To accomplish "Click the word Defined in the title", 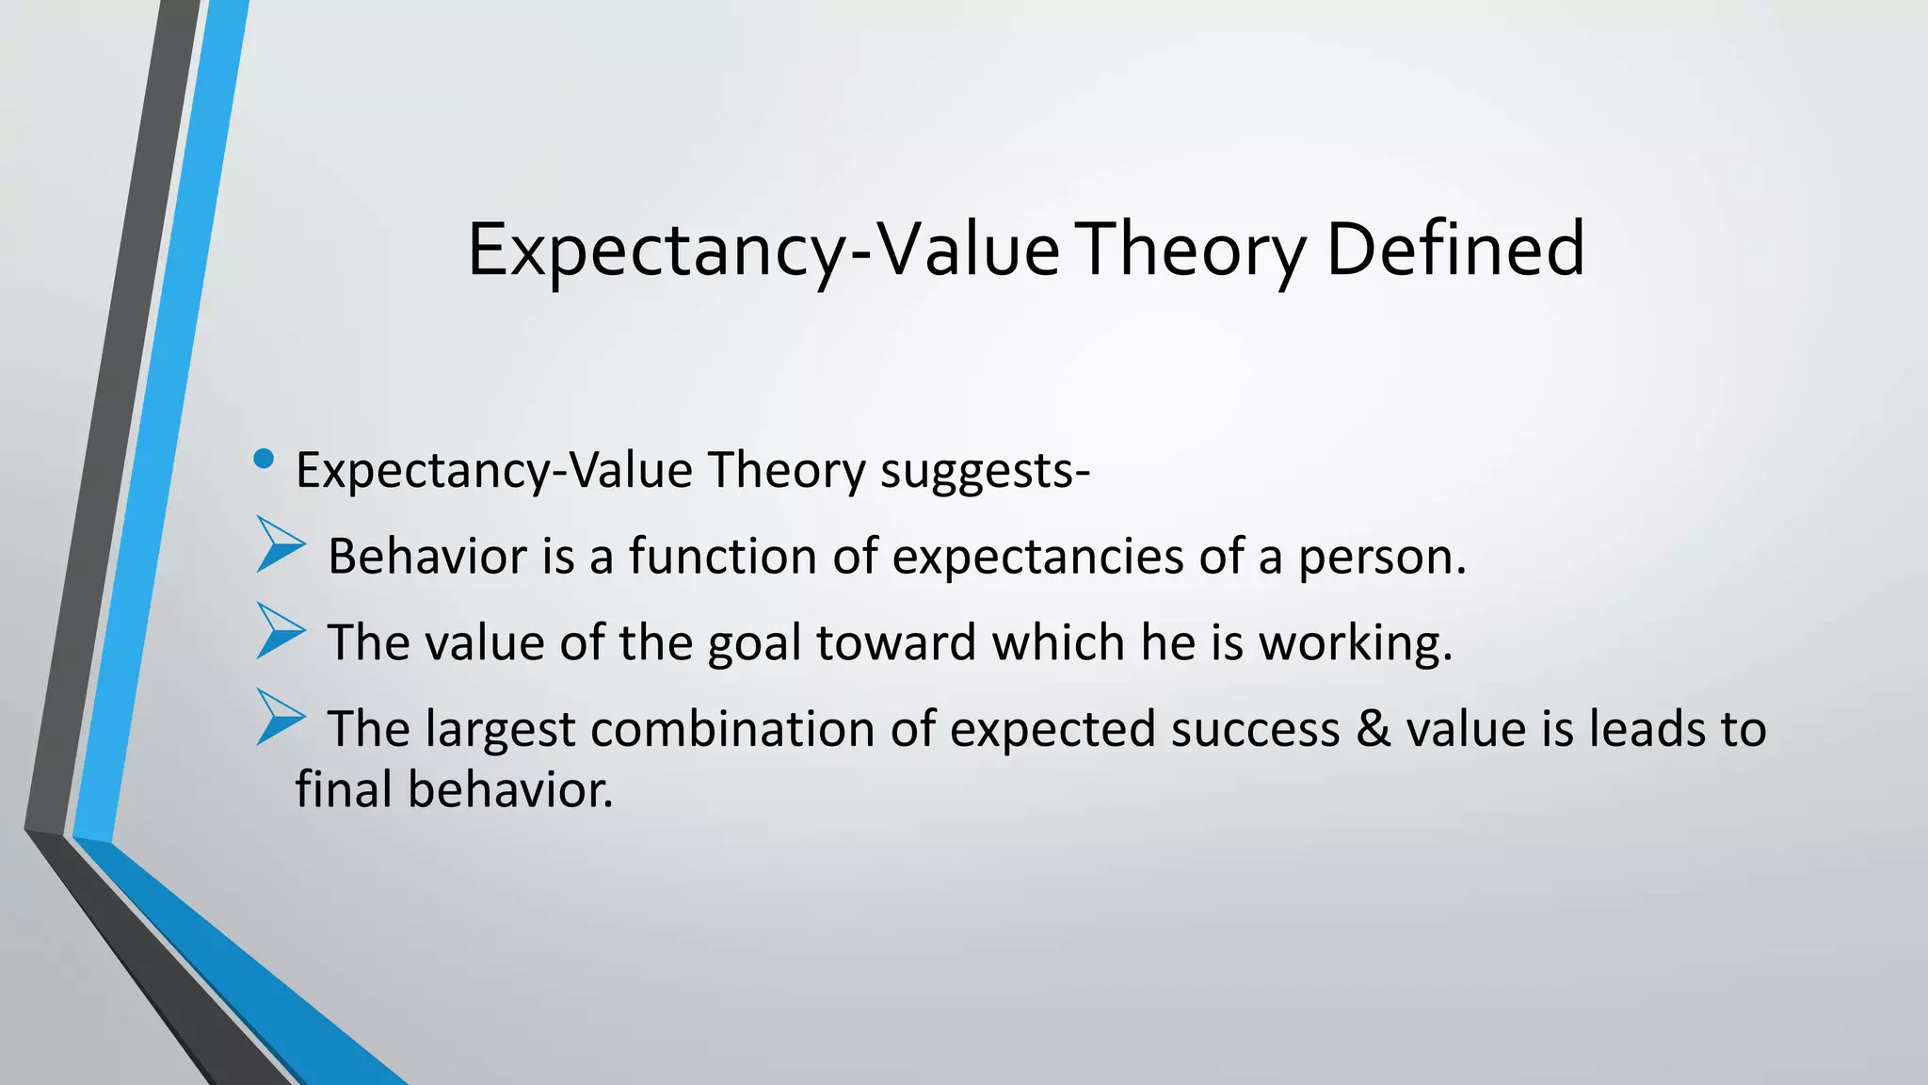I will pyautogui.click(x=1454, y=249).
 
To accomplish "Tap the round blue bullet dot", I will pyautogui.click(x=264, y=460).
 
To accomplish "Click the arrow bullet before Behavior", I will pyautogui.click(x=280, y=544).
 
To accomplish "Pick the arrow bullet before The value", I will pyautogui.click(x=280, y=631).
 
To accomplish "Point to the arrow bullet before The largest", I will pyautogui.click(x=280, y=718).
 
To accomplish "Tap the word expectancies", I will pyautogui.click(x=1036, y=559).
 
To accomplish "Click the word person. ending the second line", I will pyautogui.click(x=1382, y=559).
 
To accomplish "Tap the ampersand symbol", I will pyautogui.click(x=1374, y=729).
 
